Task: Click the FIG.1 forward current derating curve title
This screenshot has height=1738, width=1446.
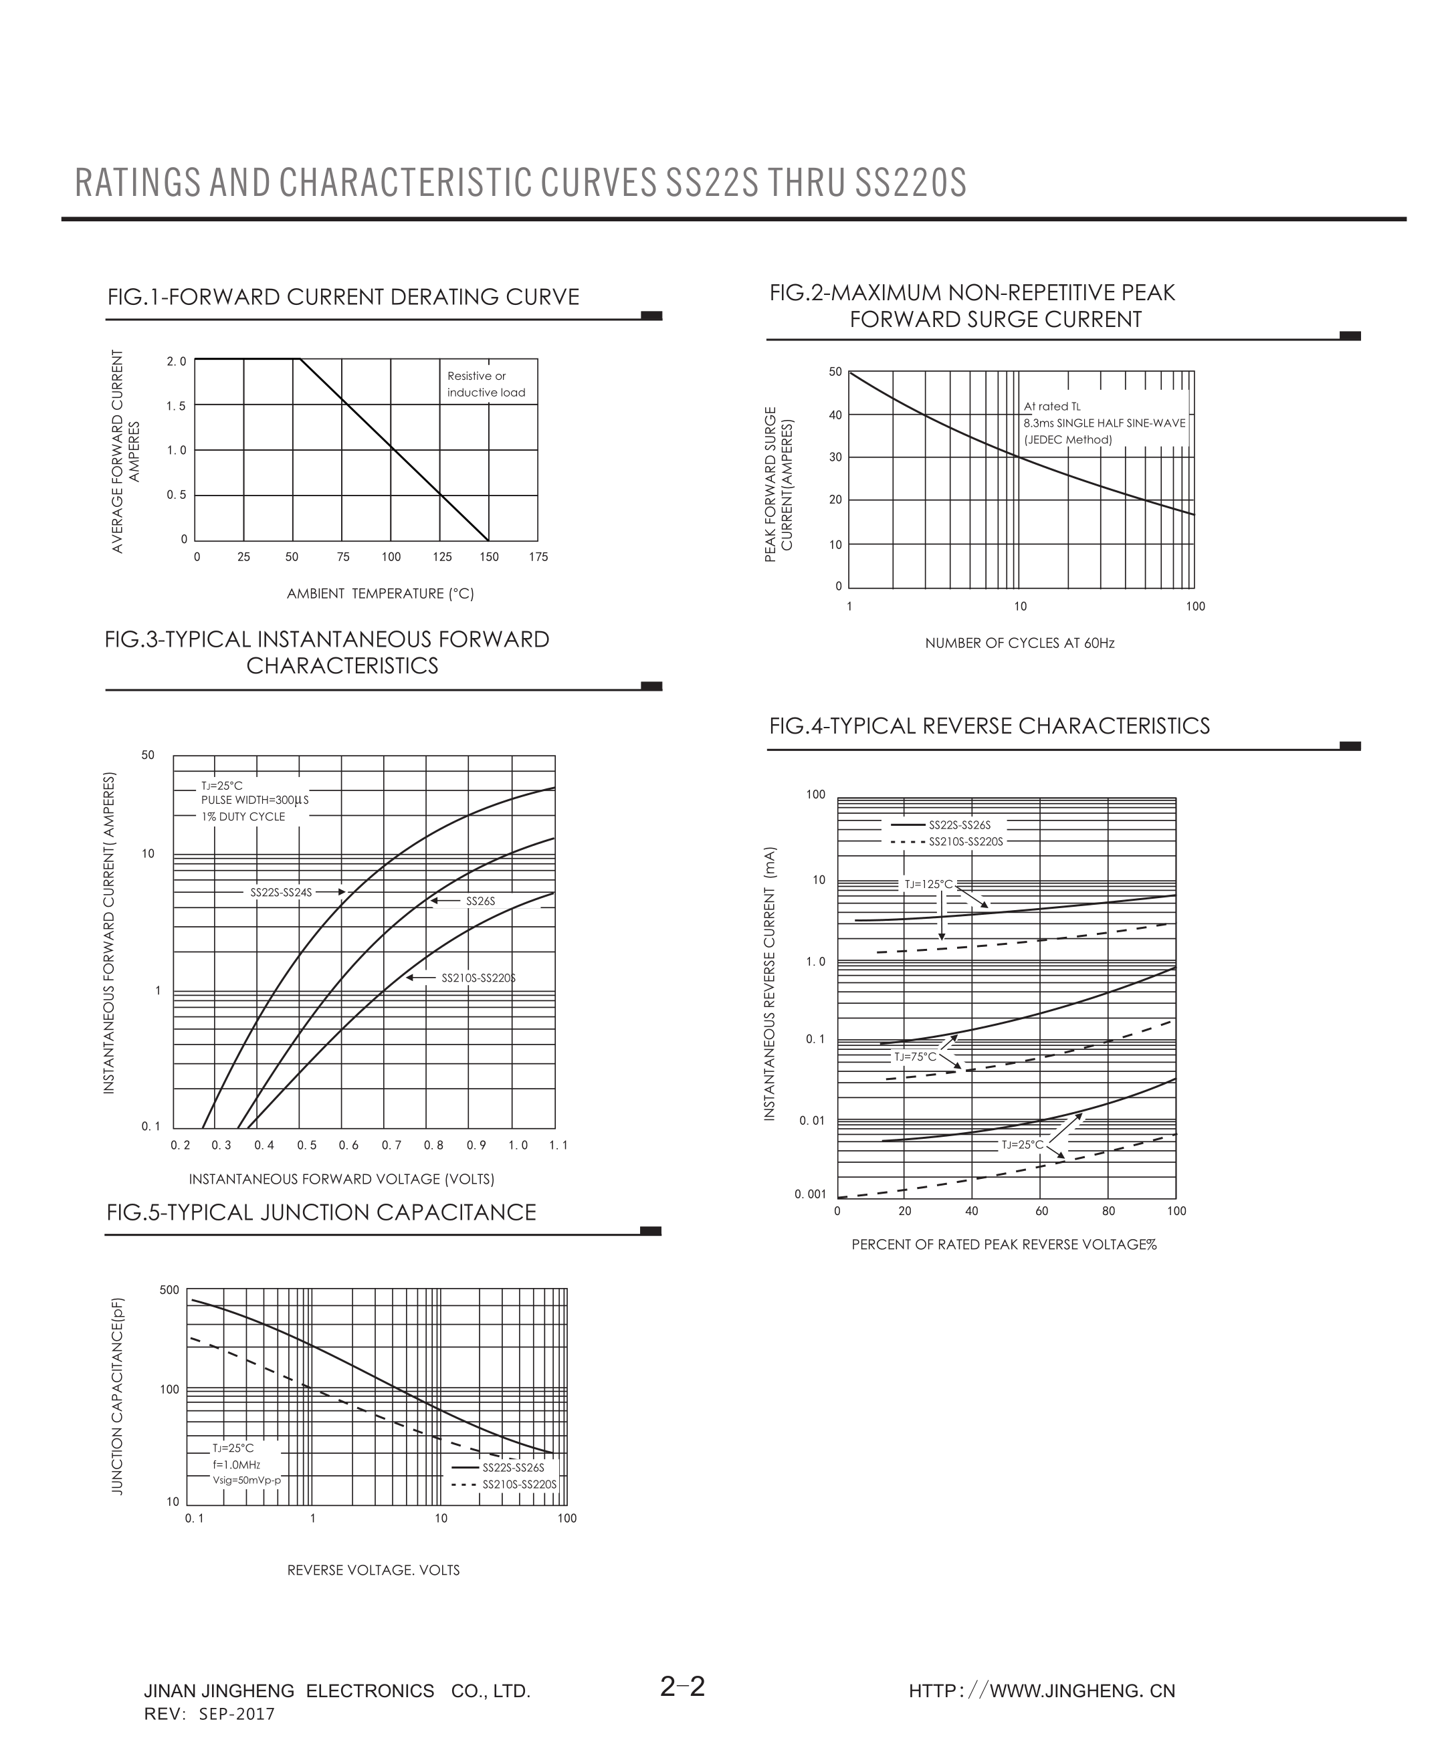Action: pos(342,297)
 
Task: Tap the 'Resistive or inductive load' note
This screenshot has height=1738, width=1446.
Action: pos(486,384)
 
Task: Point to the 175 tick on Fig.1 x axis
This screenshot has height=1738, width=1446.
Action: pos(538,557)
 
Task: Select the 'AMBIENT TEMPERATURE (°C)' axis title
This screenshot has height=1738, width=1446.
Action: pos(380,593)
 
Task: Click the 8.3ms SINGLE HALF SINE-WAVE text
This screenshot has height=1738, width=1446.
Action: pos(1104,423)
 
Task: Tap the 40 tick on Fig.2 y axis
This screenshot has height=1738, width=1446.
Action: pos(835,415)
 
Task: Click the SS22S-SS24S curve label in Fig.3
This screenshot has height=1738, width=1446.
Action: pos(282,892)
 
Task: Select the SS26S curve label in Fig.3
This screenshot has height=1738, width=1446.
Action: pos(480,901)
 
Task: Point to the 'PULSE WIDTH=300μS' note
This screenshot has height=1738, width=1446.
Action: pos(254,800)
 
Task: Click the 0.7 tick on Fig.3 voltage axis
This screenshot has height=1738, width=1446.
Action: pos(391,1146)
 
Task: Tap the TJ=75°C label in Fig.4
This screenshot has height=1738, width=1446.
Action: pos(914,1057)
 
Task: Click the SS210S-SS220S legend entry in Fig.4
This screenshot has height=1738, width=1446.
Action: pos(965,842)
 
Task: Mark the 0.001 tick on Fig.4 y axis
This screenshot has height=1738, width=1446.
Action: pos(811,1194)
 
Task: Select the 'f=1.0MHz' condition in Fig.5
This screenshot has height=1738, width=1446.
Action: pos(237,1465)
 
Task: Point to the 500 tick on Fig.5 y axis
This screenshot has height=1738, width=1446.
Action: pos(169,1290)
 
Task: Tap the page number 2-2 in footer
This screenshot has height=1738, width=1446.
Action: pos(683,1687)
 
